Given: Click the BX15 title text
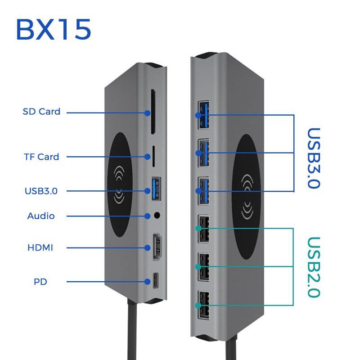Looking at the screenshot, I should point(54,29).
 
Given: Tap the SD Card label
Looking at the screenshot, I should point(41,112).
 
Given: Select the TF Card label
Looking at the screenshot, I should point(41,157).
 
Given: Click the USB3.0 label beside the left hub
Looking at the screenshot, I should point(41,191).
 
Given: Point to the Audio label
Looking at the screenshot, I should point(41,216).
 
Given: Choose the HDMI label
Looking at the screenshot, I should point(40,247).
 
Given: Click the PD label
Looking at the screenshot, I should point(40,282).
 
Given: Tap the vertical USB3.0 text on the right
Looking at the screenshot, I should point(313,158).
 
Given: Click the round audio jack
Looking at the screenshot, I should point(157,215).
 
